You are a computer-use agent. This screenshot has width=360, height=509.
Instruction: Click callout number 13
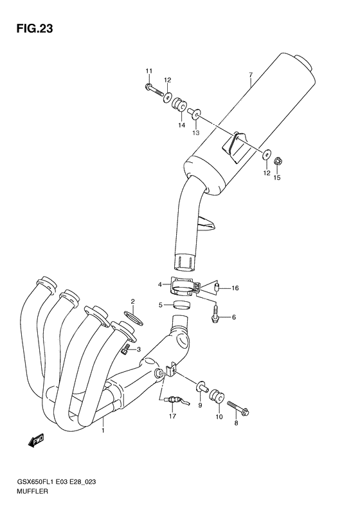196,133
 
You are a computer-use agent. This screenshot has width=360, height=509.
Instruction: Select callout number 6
233,317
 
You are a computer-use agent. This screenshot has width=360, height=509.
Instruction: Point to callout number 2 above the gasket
132,301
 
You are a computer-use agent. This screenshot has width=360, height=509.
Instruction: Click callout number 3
138,349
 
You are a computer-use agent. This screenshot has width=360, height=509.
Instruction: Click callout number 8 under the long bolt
236,423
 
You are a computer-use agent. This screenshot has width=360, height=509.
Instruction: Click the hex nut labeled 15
279,160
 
